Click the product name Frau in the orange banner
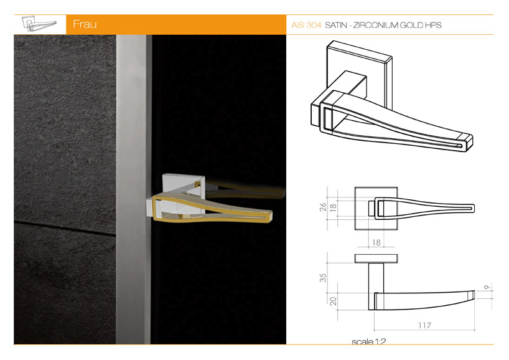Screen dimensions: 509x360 tap(85, 24)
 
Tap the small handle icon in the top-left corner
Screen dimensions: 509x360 tap(39, 24)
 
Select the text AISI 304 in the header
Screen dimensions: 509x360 tap(306, 25)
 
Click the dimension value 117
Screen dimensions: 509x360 tap(424, 325)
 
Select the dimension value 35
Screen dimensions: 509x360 tap(323, 278)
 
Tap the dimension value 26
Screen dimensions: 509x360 tap(323, 207)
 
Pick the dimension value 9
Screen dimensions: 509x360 tap(487, 287)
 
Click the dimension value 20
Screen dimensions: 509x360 tap(333, 301)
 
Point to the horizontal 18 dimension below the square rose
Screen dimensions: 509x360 tap(376, 242)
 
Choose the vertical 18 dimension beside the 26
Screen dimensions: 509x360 tap(333, 208)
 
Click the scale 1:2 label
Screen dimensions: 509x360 tap(368, 341)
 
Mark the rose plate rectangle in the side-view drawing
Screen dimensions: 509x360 tap(376, 258)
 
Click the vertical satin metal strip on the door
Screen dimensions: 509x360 tap(134, 189)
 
